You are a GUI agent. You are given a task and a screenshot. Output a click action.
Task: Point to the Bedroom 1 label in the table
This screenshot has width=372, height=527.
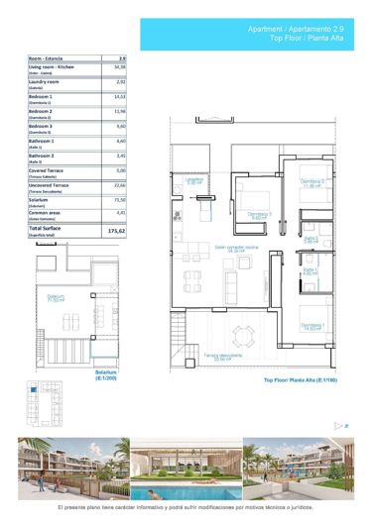click(44, 96)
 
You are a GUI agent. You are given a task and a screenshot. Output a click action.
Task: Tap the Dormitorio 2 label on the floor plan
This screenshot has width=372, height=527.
click(313, 183)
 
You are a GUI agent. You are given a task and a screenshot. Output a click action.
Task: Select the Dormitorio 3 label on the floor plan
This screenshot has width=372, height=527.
click(260, 215)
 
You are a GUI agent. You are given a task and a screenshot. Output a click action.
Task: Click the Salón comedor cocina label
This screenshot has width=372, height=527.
click(237, 249)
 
